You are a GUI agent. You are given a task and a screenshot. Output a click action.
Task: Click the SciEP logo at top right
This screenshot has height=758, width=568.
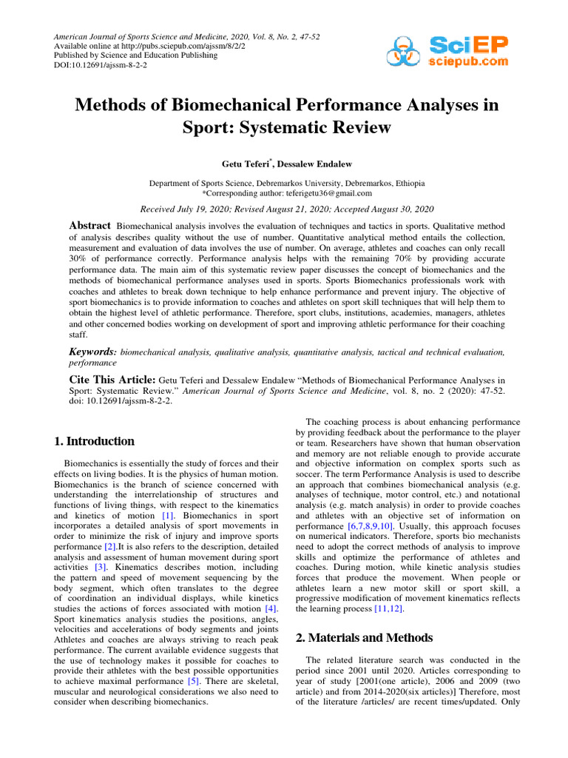click(x=446, y=52)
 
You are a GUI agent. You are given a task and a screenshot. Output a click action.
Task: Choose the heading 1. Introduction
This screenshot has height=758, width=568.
click(x=95, y=441)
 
